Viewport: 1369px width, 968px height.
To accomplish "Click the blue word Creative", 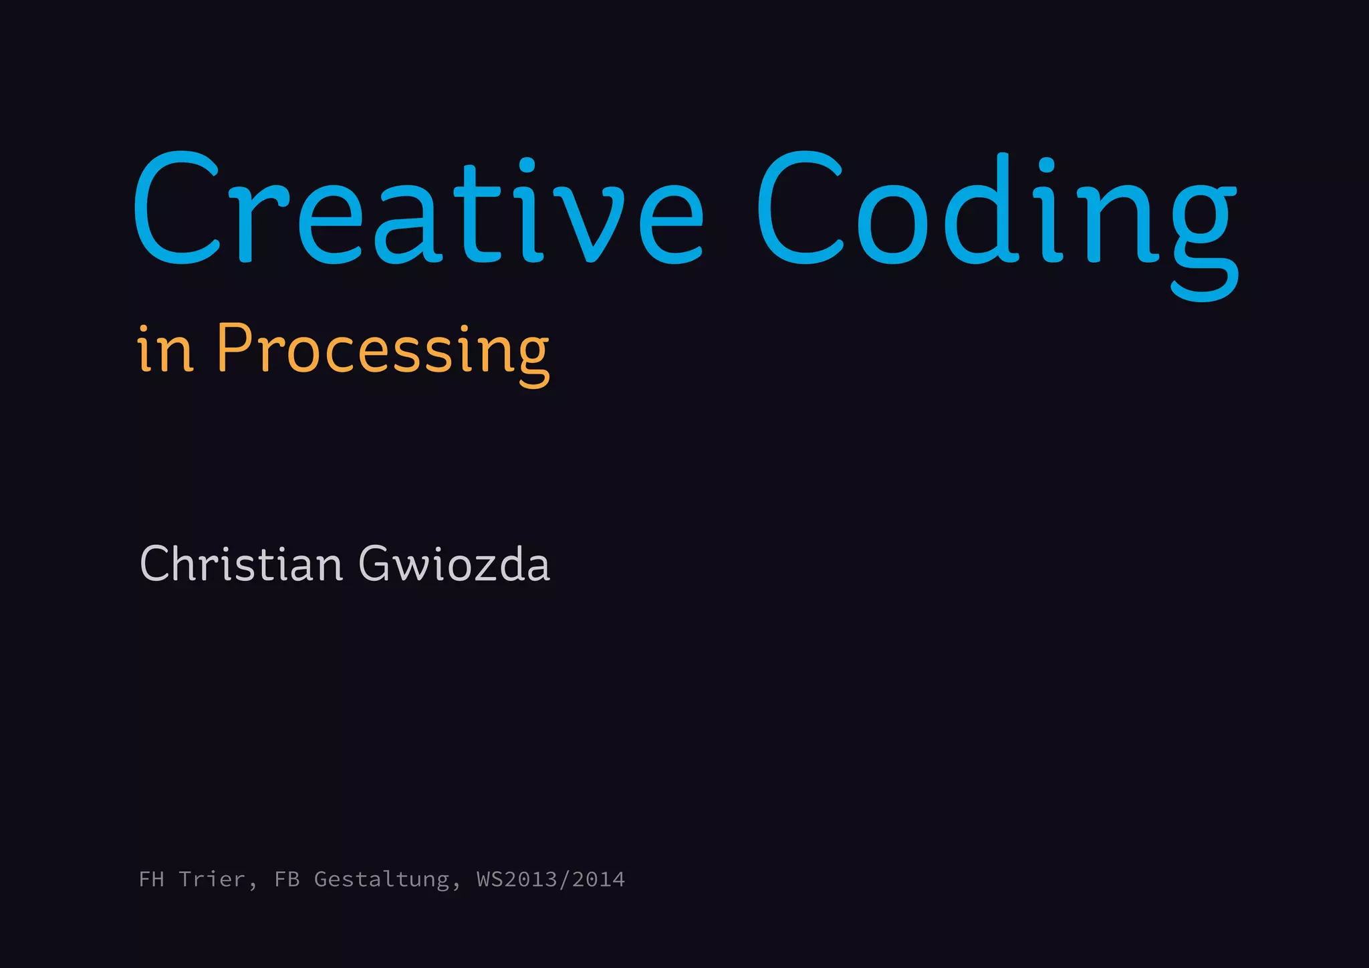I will pyautogui.click(x=418, y=209).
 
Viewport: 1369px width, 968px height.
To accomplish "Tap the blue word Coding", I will pyautogui.click(x=996, y=209).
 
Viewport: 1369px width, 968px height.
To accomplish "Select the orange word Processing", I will pyautogui.click(x=382, y=350).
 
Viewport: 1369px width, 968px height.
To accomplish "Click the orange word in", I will pyautogui.click(x=166, y=350).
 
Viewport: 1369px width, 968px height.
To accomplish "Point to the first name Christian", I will pyautogui.click(x=241, y=564).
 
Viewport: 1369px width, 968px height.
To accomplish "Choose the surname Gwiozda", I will pyautogui.click(x=455, y=564).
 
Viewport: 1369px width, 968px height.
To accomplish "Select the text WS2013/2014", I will pyautogui.click(x=551, y=879).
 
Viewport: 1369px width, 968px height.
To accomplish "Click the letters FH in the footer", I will pyautogui.click(x=152, y=879).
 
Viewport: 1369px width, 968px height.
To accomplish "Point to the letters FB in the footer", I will pyautogui.click(x=287, y=879).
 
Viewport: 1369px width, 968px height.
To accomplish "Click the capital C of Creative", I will pyautogui.click(x=178, y=207).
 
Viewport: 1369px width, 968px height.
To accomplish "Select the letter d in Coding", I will pyautogui.click(x=976, y=209).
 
